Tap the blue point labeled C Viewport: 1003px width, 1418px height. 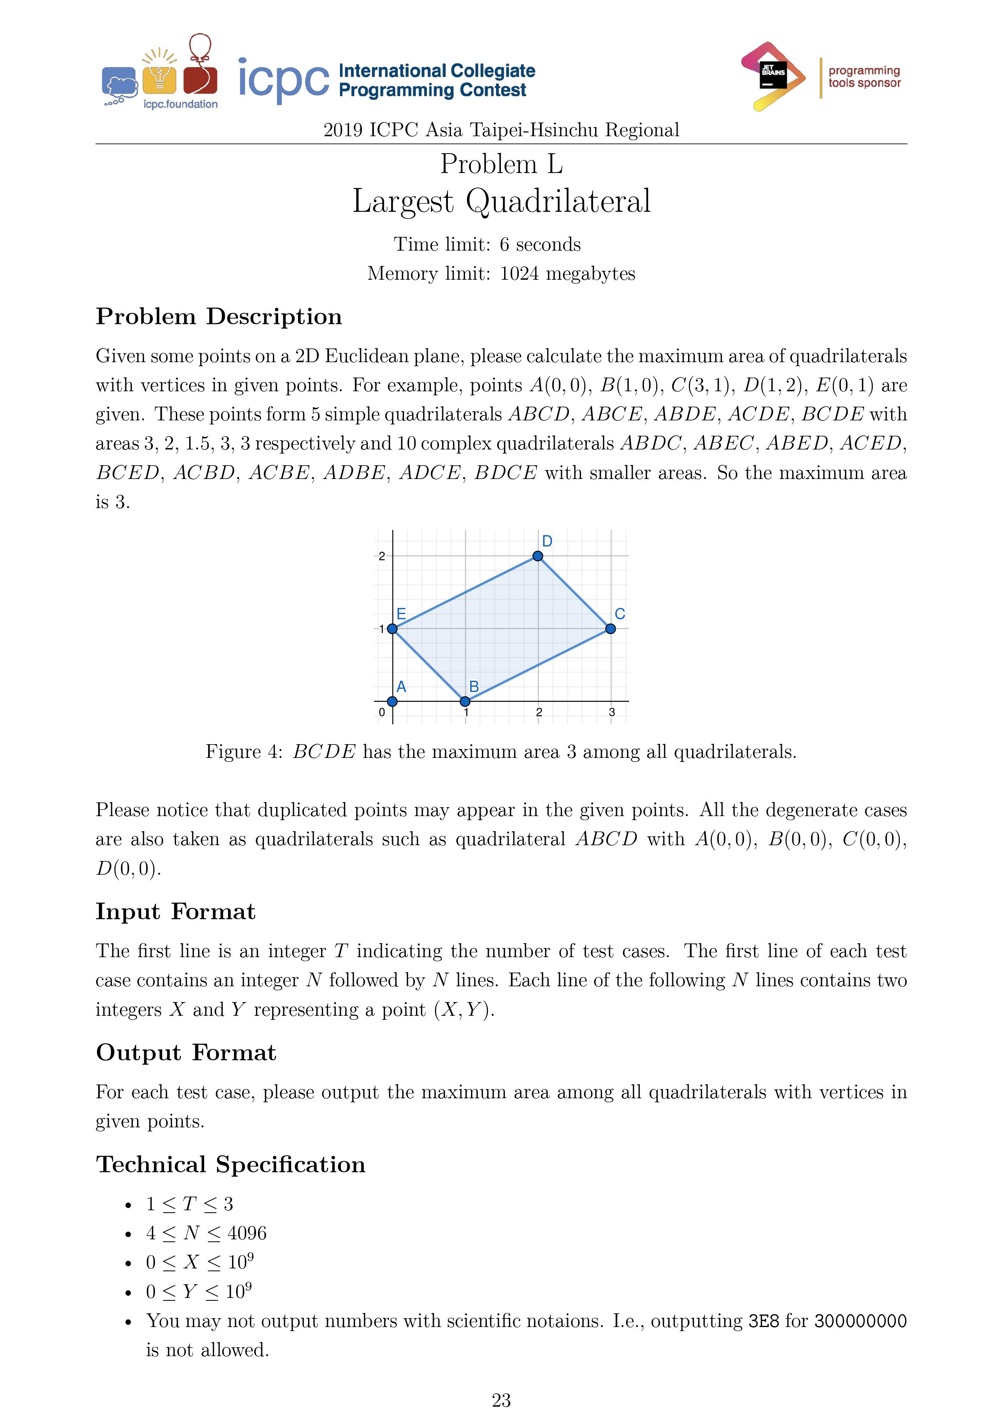coord(610,629)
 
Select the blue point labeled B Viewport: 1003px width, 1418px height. coord(465,702)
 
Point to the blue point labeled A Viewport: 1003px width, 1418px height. coord(392,702)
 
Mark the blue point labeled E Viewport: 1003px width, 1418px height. coord(392,629)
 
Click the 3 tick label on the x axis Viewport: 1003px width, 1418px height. coord(611,713)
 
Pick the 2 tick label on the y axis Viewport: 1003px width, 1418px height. coord(382,557)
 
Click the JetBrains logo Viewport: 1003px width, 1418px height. coord(773,76)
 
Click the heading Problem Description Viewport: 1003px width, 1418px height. coord(219,317)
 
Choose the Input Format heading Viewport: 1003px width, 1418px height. coord(175,912)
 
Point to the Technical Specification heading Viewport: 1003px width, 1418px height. coord(230,1165)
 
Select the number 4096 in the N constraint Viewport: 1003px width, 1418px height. coord(247,1233)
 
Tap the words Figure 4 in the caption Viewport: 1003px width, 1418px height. coord(242,751)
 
